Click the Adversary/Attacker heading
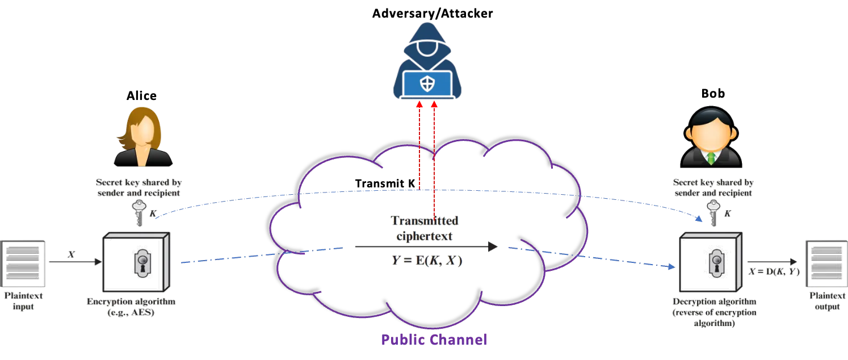tap(433, 14)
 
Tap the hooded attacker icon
tap(427, 61)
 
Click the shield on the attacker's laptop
tap(427, 83)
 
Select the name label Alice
tap(141, 96)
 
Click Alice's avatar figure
tap(143, 137)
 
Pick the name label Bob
tap(713, 94)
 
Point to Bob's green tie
tap(711, 158)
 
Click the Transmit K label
tap(385, 183)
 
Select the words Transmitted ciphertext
tap(425, 228)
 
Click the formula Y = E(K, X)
tap(427, 261)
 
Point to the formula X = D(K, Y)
tap(774, 271)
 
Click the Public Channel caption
tap(434, 340)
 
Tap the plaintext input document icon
tap(23, 263)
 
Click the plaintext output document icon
tap(827, 263)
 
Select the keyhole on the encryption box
tap(142, 263)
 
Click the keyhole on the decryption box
tap(717, 263)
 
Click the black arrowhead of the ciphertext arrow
tap(493, 247)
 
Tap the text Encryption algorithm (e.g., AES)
tap(131, 307)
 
